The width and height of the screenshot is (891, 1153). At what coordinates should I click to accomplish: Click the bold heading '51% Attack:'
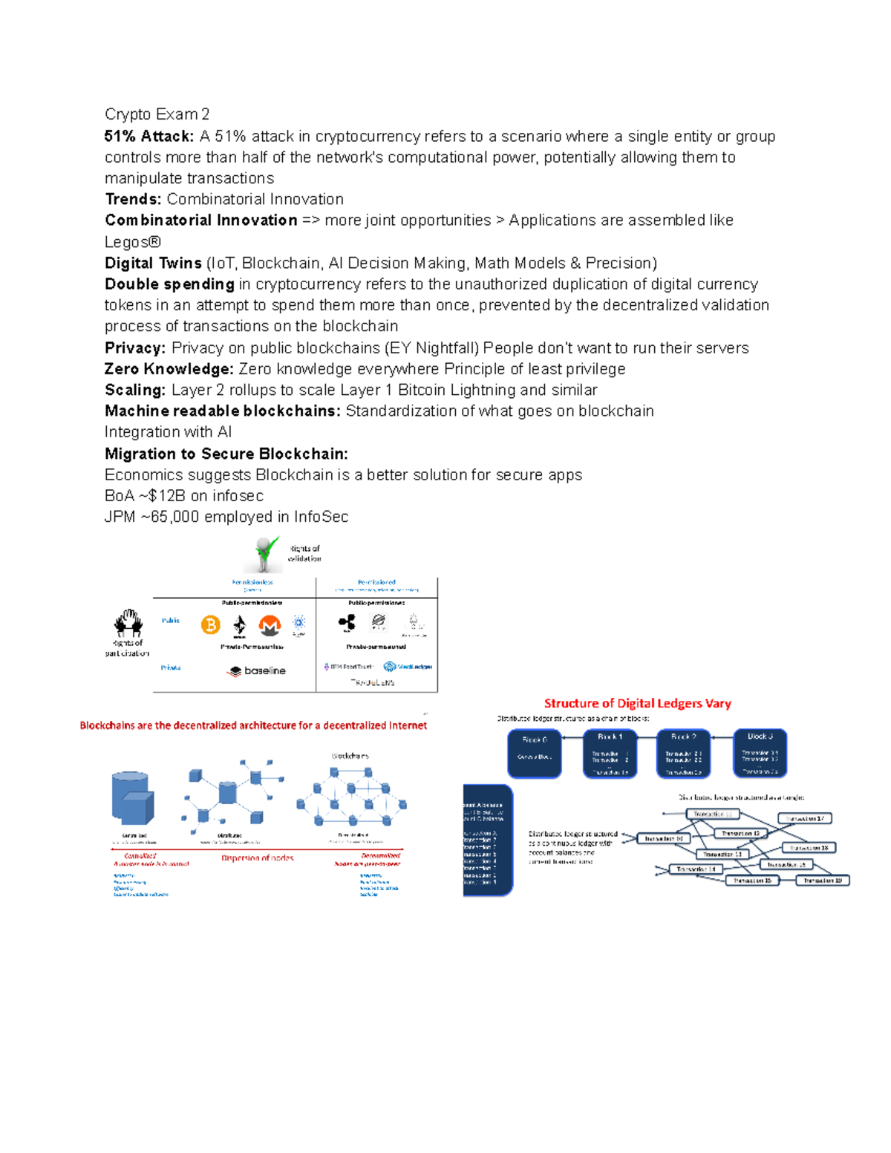click(148, 137)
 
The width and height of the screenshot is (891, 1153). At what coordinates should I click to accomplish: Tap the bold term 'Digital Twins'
click(153, 264)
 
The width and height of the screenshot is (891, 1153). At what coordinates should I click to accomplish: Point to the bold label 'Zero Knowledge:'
click(169, 369)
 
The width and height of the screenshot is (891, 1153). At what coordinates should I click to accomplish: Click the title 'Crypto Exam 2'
click(157, 114)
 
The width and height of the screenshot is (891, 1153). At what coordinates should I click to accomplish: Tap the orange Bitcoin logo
click(211, 625)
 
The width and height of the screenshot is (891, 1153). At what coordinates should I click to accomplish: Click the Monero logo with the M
click(270, 626)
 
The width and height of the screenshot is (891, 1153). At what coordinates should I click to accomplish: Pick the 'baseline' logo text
click(257, 670)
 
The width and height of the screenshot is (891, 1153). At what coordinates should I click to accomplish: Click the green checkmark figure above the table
click(264, 554)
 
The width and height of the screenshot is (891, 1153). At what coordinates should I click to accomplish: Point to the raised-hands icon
click(128, 624)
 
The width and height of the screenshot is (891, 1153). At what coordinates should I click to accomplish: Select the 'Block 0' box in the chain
click(535, 753)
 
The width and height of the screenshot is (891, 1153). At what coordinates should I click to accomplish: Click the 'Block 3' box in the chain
click(760, 753)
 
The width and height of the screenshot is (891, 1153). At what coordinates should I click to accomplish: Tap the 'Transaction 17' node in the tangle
click(805, 818)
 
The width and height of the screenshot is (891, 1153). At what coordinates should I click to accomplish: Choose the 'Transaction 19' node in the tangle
click(823, 881)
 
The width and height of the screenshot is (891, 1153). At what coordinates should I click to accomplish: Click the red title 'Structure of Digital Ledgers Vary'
click(637, 703)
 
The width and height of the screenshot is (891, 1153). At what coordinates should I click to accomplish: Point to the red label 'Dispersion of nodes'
click(258, 858)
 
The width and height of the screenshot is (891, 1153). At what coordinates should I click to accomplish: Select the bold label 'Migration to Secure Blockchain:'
click(226, 454)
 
